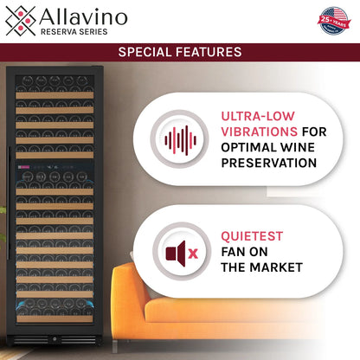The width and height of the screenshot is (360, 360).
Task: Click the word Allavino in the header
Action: [x=83, y=16]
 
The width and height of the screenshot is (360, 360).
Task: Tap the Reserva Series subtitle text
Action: [x=76, y=31]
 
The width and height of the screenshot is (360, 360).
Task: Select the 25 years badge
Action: [x=331, y=20]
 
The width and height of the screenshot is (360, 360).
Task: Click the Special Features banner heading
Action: [x=180, y=52]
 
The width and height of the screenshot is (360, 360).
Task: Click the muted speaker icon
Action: [x=176, y=253]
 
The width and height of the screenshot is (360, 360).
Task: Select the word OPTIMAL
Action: [x=249, y=145]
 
